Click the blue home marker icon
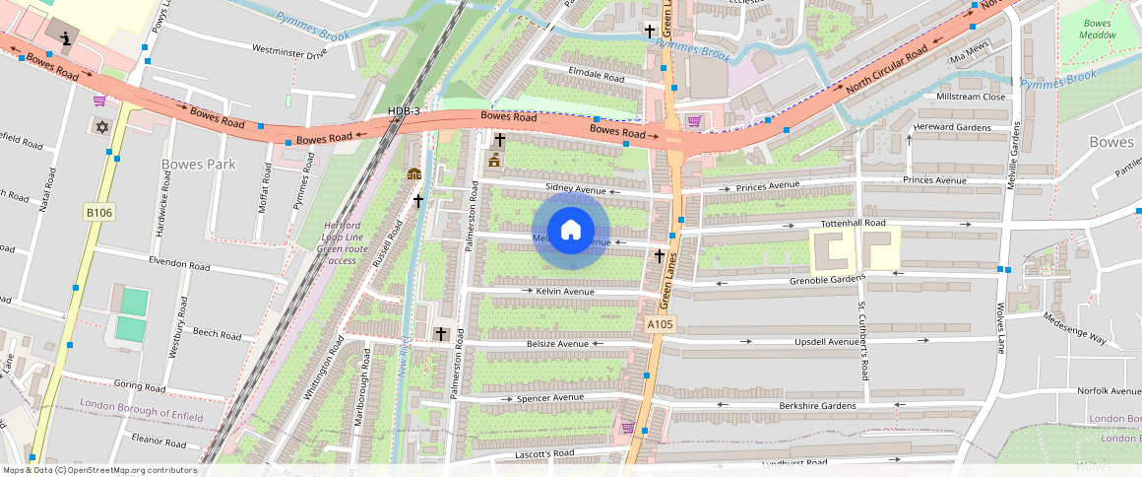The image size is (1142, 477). click(571, 231)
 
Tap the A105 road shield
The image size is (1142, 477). click(661, 324)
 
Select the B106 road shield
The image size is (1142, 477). click(98, 212)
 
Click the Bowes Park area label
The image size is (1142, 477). click(198, 164)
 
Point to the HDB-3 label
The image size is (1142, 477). click(404, 111)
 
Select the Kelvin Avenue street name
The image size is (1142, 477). click(564, 291)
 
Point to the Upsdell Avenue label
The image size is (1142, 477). click(827, 342)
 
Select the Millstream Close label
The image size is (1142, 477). click(971, 98)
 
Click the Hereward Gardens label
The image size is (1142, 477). click(952, 127)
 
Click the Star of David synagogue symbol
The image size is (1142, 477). click(99, 126)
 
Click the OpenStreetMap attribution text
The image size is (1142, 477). click(99, 470)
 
